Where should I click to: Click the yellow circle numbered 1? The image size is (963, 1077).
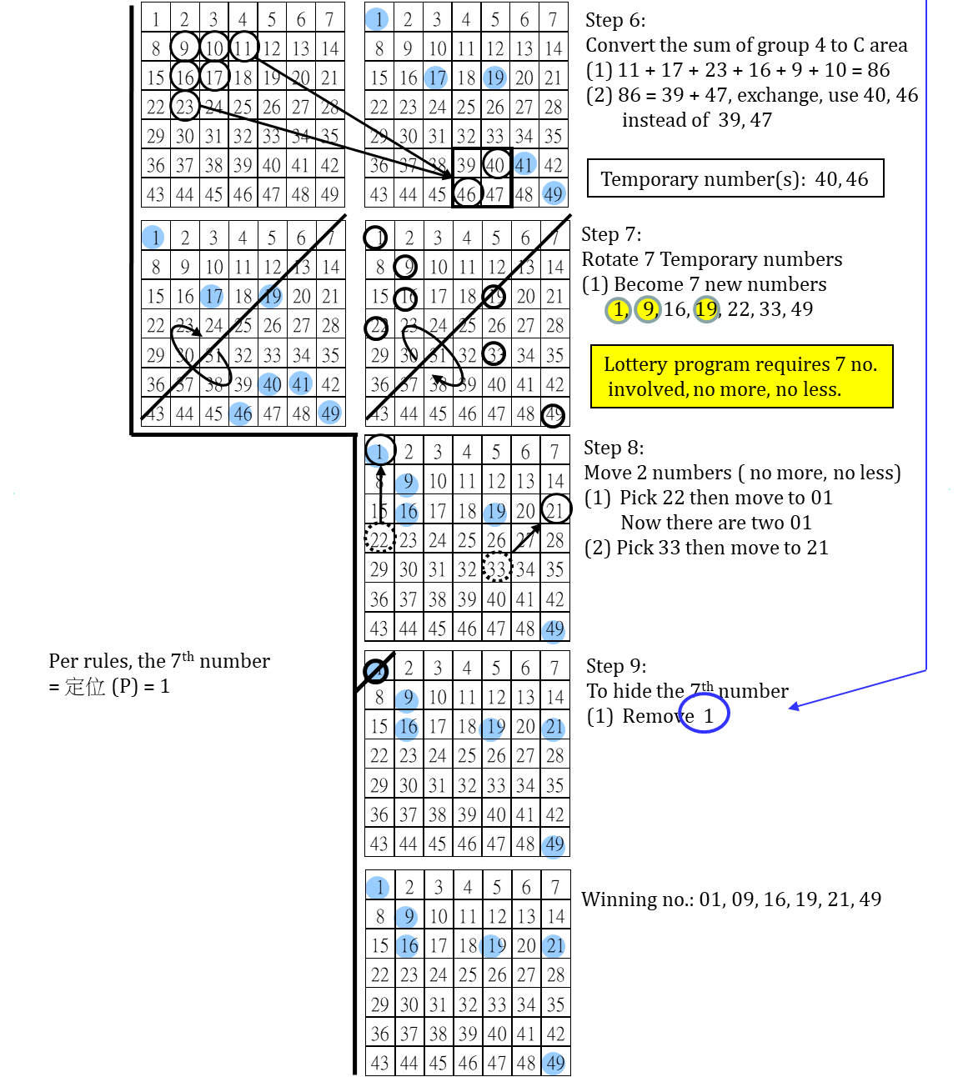618,310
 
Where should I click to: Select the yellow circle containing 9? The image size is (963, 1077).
648,309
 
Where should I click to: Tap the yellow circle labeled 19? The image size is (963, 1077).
706,309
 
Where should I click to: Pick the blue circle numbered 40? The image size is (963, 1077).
269,384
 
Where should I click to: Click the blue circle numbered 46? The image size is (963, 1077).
240,413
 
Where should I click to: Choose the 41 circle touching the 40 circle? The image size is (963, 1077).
301,384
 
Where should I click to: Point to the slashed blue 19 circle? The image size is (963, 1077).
270,295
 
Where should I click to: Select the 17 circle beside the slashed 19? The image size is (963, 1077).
212,296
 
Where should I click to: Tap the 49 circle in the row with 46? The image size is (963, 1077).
330,413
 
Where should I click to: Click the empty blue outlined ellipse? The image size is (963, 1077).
704,713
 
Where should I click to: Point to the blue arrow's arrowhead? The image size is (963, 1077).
792,709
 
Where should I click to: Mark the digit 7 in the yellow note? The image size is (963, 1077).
840,364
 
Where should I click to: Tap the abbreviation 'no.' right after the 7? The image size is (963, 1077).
864,364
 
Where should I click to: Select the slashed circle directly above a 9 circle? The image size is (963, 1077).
377,671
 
